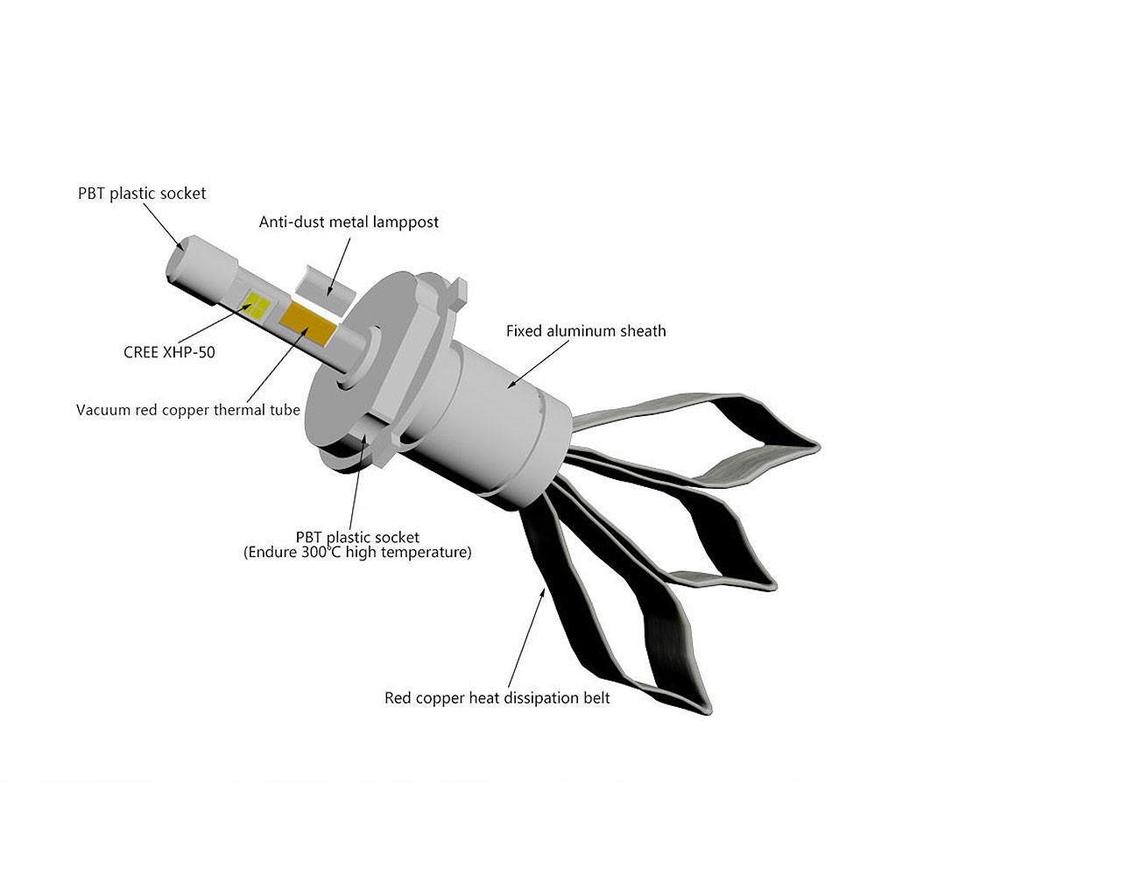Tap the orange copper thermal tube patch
click(308, 323)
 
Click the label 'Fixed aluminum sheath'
click(586, 331)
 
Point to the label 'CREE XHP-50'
click(169, 352)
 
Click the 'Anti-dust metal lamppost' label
click(349, 222)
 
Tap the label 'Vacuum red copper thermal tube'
click(188, 410)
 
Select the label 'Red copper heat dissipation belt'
click(497, 698)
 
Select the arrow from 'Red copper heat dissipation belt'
click(526, 638)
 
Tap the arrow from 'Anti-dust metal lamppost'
click(339, 266)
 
